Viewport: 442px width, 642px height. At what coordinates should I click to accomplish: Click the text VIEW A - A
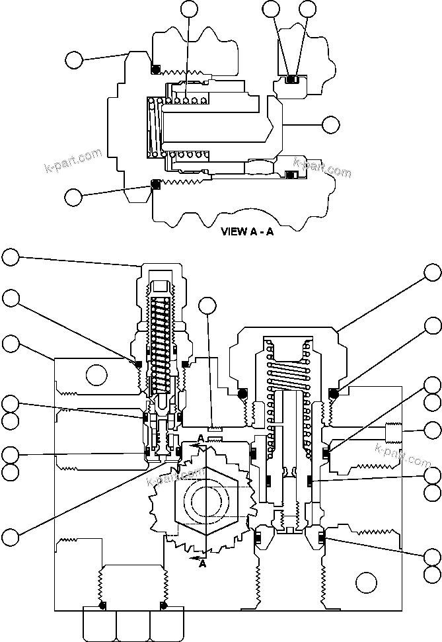[246, 231]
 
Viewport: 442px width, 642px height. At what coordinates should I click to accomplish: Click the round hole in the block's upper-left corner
[97, 375]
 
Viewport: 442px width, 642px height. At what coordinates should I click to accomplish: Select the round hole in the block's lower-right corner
[365, 582]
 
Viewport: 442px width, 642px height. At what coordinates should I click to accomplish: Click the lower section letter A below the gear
[202, 564]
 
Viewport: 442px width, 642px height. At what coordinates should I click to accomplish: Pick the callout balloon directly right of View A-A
[330, 124]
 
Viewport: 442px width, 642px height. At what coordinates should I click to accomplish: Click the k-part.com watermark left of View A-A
[73, 159]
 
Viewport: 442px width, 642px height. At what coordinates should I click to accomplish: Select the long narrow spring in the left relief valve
[158, 344]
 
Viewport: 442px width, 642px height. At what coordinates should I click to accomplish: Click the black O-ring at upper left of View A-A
[156, 69]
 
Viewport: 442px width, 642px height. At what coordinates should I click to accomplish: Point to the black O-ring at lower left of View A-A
[156, 184]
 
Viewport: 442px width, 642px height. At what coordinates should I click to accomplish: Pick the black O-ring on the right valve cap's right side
[332, 395]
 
